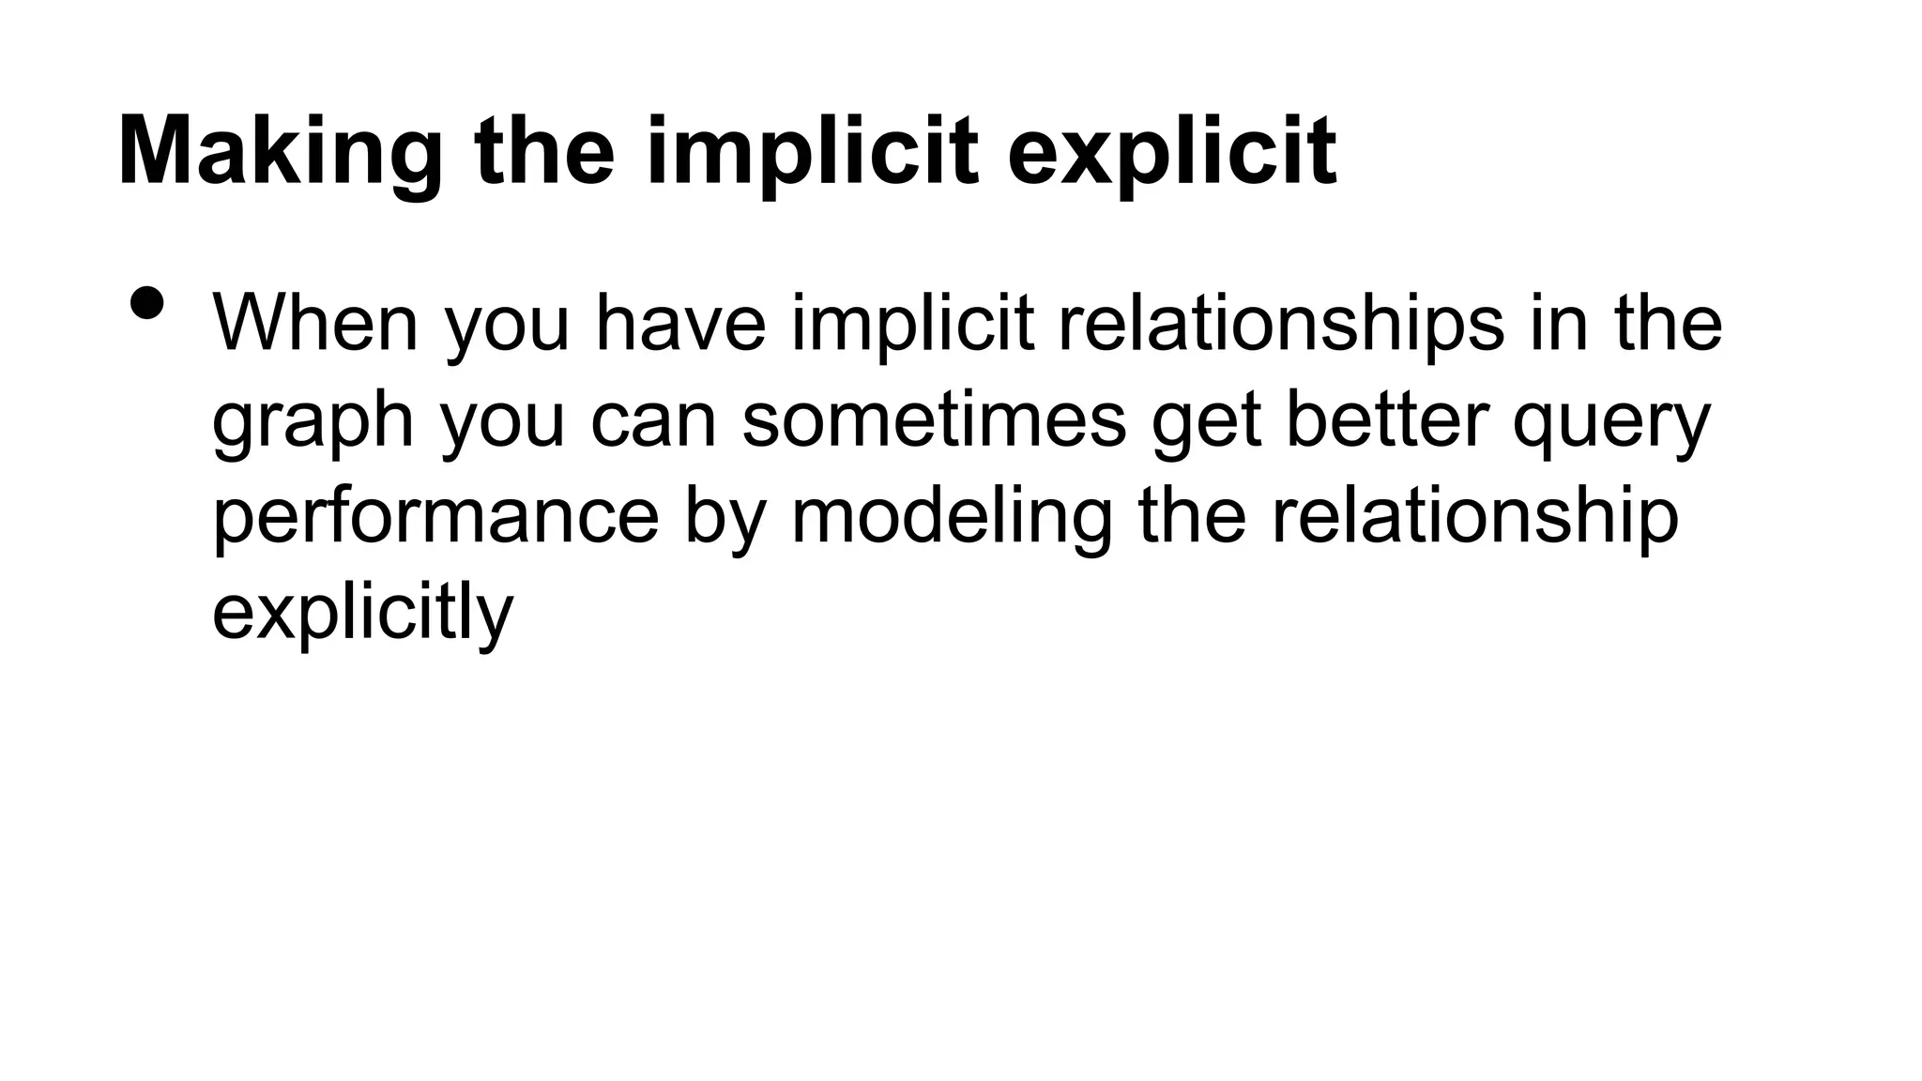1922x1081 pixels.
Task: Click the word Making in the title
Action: [280, 153]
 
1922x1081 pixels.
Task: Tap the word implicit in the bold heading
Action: [812, 153]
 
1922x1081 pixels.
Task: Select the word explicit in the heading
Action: [1171, 153]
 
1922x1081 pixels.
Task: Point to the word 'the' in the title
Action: [544, 151]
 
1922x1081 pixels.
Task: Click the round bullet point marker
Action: [147, 302]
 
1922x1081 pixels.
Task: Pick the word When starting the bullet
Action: [315, 323]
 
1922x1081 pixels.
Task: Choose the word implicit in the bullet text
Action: [912, 325]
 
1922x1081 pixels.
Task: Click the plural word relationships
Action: [1281, 325]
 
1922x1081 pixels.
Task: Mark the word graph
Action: [313, 423]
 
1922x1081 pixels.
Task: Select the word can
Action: [653, 421]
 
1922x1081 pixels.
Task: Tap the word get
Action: [1206, 423]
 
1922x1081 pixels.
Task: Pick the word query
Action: [1611, 423]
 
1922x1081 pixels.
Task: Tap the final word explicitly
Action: [362, 614]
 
